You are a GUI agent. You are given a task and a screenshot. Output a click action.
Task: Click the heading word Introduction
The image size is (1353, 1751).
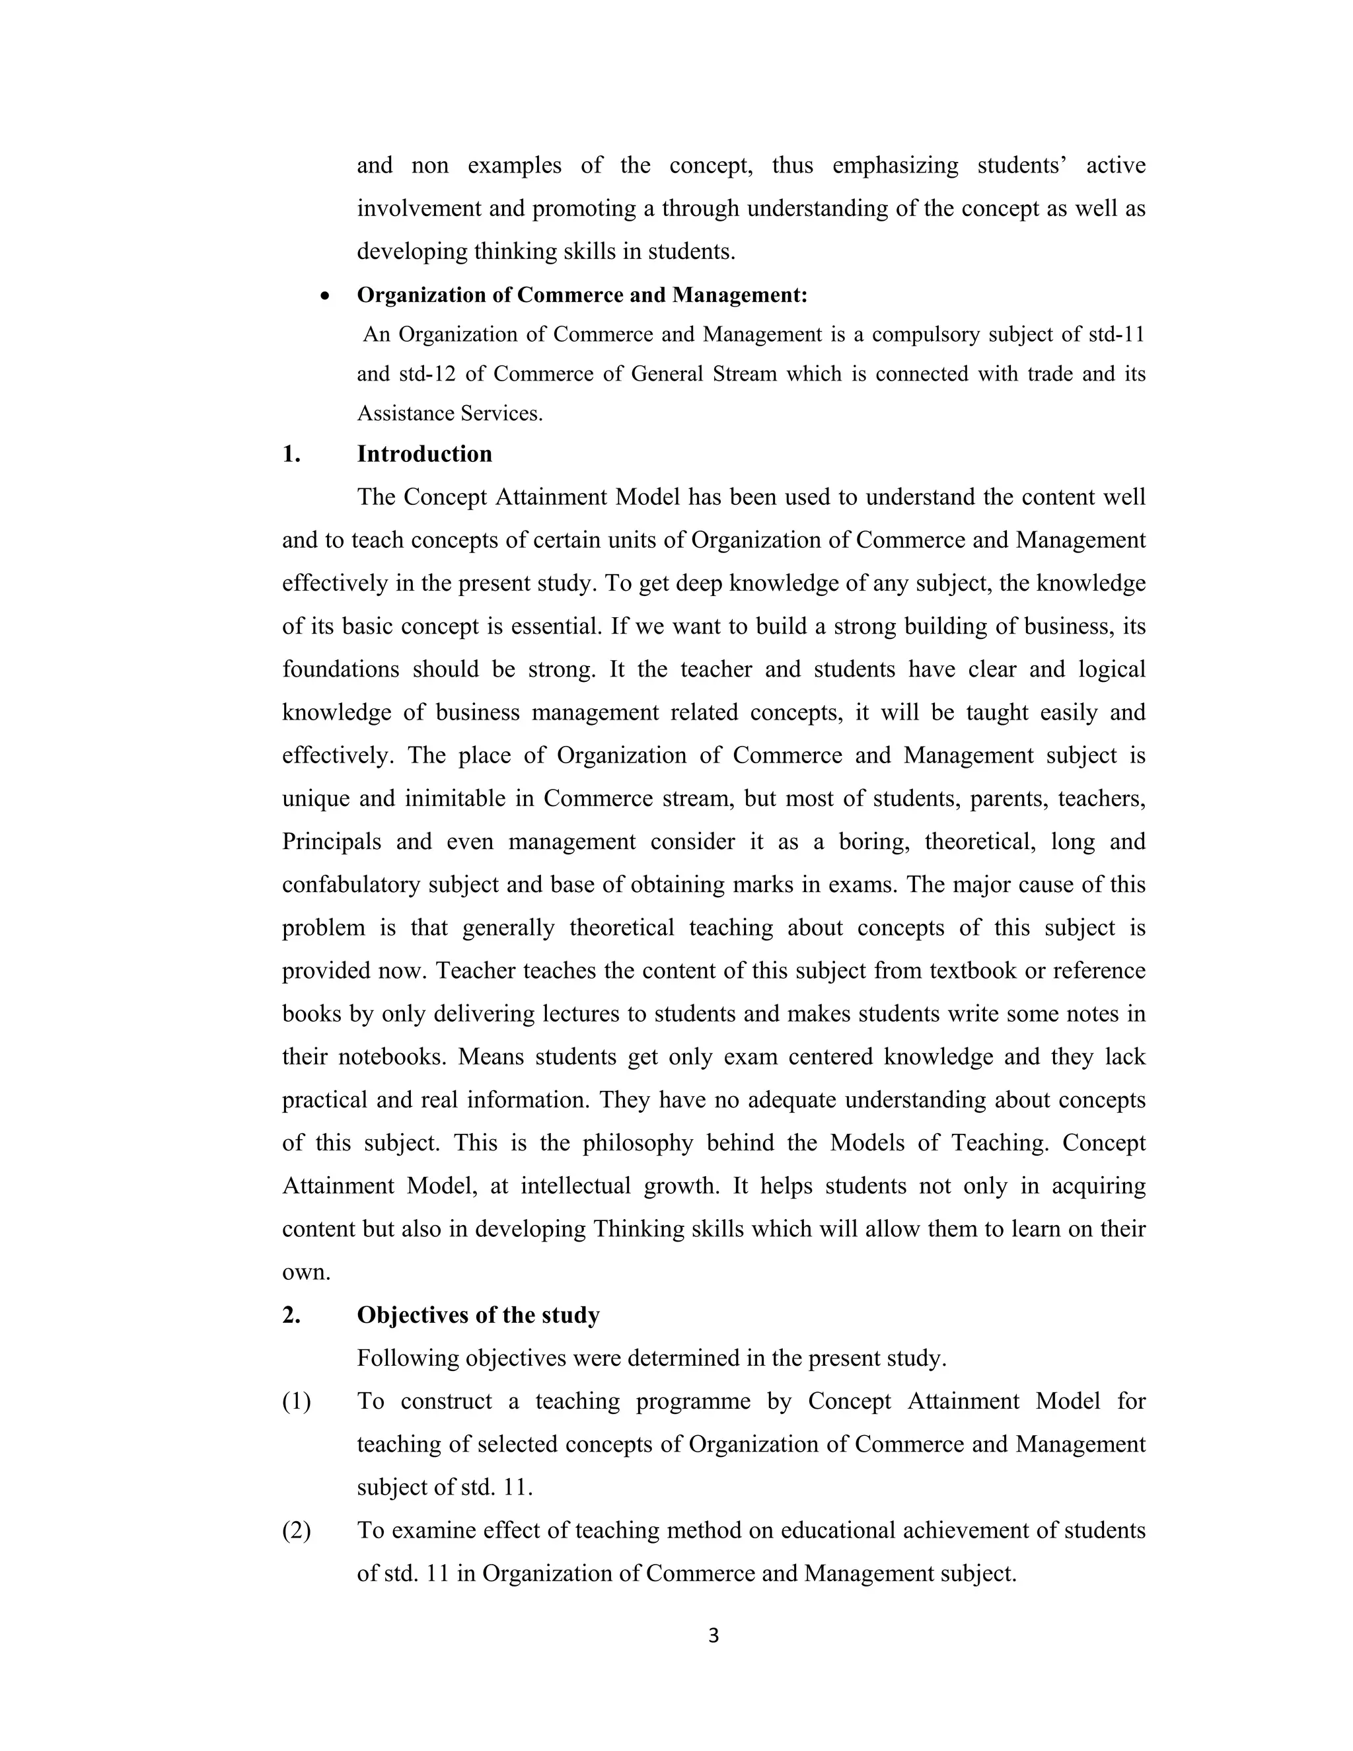point(424,454)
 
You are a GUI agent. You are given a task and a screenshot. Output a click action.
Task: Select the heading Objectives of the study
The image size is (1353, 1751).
point(478,1315)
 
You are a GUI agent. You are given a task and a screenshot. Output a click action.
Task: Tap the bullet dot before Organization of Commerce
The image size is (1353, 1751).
point(324,296)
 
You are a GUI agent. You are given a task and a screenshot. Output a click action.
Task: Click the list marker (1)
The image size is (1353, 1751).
point(297,1401)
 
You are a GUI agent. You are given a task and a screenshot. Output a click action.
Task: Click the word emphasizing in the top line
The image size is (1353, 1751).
point(895,166)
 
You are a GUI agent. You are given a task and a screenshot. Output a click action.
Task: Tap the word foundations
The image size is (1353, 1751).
point(340,669)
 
